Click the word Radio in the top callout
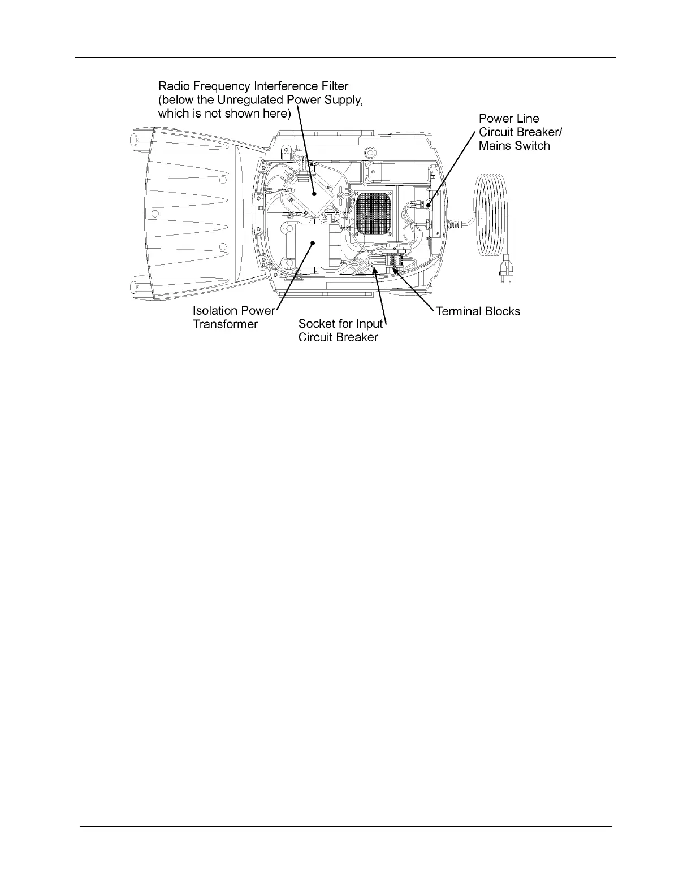pyautogui.click(x=173, y=86)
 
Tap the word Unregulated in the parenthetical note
pyautogui.click(x=248, y=100)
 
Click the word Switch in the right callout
pyautogui.click(x=531, y=146)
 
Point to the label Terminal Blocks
pyautogui.click(x=478, y=311)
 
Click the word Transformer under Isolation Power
pyautogui.click(x=225, y=324)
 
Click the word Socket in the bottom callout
pyautogui.click(x=317, y=324)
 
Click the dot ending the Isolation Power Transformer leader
pyautogui.click(x=312, y=241)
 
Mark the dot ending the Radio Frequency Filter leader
pyautogui.click(x=314, y=194)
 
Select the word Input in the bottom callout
pyautogui.click(x=370, y=324)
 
